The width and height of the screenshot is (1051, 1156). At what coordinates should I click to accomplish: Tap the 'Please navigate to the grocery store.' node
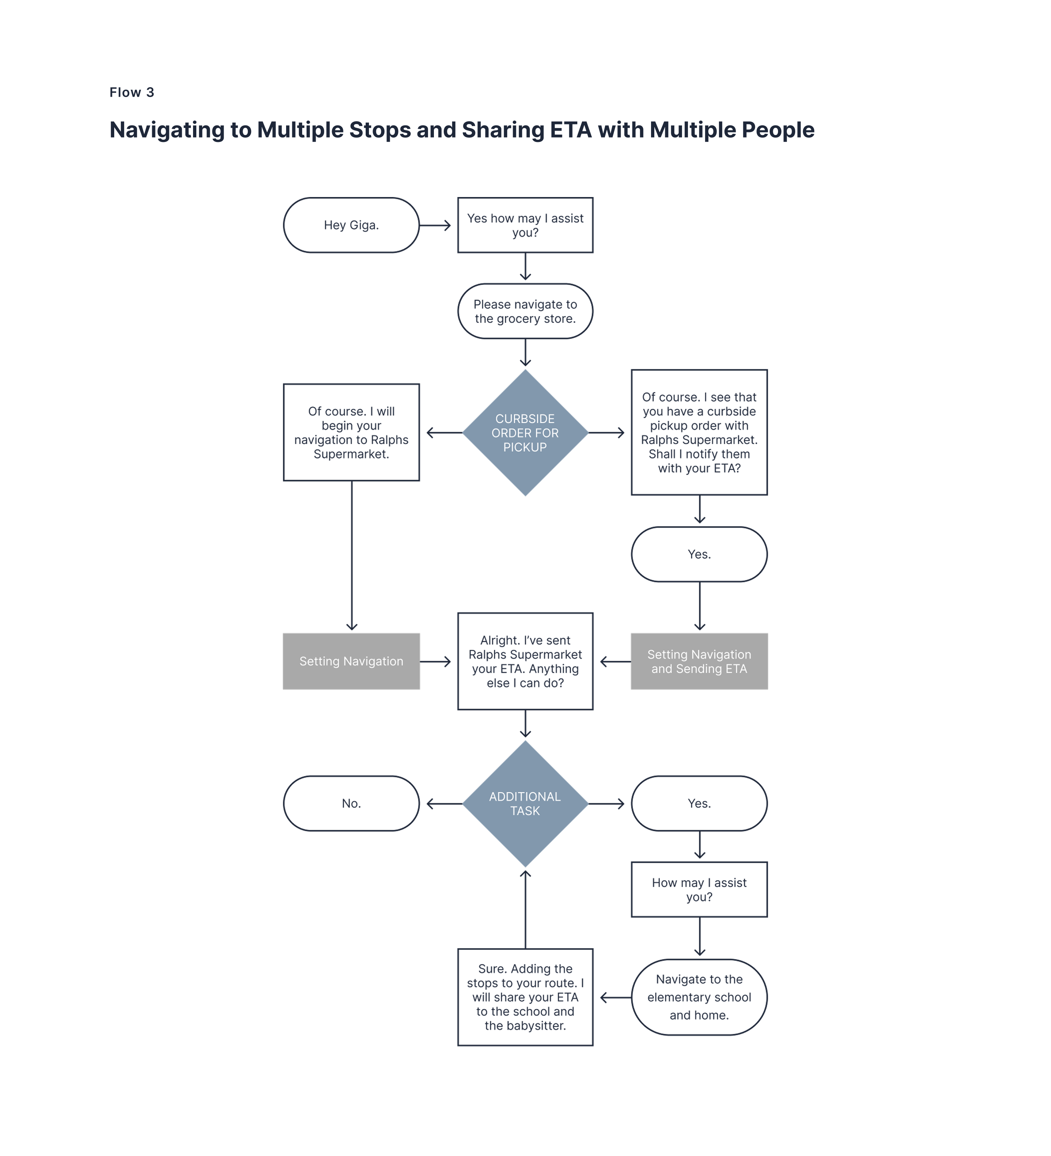[525, 311]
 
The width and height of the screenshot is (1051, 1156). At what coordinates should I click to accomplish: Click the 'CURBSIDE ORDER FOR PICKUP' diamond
[525, 433]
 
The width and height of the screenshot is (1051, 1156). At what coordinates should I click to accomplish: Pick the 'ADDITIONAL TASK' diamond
[525, 804]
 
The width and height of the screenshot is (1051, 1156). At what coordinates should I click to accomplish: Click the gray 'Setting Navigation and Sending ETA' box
[699, 661]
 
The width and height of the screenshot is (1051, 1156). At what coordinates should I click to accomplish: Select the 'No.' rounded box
[351, 804]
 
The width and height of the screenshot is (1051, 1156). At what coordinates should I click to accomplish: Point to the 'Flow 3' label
[132, 92]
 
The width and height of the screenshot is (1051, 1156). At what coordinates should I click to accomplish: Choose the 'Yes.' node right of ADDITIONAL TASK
[699, 804]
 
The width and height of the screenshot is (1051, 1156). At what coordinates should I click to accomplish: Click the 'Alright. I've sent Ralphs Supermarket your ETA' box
[525, 661]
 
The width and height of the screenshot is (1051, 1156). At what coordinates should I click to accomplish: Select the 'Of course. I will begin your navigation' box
[351, 432]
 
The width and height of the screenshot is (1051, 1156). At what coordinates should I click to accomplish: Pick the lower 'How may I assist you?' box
[699, 889]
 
